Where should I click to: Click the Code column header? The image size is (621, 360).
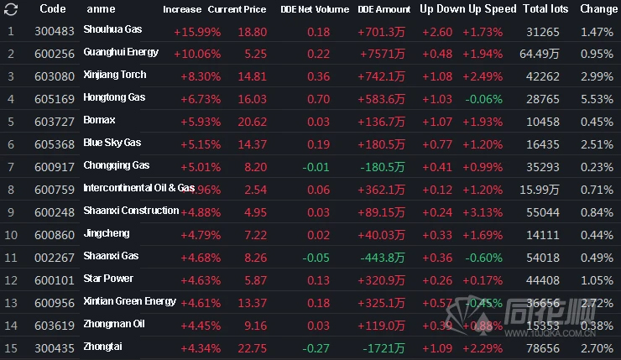coord(53,9)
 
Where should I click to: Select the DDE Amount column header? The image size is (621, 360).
coord(384,9)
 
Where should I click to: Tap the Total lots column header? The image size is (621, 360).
coord(545,9)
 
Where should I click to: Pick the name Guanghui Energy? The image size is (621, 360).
coord(121,53)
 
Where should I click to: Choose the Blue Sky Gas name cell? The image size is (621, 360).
coord(112,143)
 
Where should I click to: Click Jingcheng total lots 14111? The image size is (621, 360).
coord(545,234)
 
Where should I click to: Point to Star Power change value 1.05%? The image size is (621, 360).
coord(595,279)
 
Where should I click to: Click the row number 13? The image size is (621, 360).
coord(11,302)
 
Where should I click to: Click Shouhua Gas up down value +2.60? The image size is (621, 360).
coord(436,31)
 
